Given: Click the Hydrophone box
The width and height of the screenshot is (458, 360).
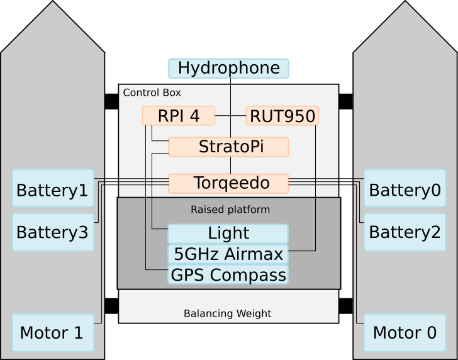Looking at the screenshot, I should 228,68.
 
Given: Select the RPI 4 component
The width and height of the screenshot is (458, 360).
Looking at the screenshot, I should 179,116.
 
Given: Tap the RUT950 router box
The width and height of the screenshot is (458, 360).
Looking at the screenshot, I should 282,116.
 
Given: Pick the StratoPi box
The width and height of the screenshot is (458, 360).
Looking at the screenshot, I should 228,147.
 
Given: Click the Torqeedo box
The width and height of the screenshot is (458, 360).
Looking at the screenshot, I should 228,183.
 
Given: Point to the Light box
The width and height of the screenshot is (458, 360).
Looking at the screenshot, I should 228,233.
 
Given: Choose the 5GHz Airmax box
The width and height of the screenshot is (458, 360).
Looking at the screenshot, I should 228,254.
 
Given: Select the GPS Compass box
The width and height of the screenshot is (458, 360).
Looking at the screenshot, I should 228,275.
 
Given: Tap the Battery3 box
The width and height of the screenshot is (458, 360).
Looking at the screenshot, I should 53,232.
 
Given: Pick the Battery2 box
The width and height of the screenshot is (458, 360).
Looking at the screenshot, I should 405,232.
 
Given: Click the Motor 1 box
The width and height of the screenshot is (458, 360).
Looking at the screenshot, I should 53,332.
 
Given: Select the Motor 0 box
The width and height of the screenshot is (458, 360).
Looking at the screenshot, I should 405,332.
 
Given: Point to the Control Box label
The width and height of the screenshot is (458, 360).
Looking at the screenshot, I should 152,93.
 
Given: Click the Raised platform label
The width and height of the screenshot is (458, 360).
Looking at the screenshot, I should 230,210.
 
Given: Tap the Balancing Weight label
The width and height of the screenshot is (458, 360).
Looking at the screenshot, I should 227,313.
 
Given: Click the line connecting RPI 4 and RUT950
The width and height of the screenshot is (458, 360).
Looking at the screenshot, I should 230,116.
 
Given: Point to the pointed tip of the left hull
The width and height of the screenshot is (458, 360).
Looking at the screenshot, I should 53,3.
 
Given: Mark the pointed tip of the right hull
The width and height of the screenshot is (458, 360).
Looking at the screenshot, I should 405,3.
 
